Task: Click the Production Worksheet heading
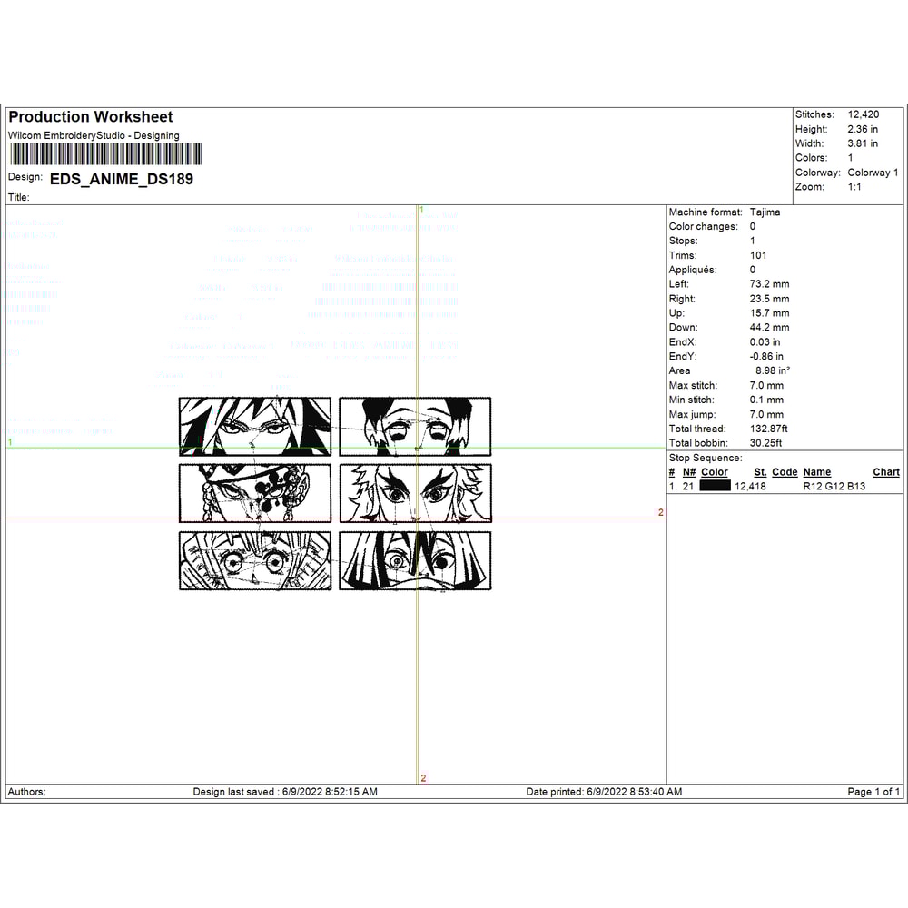pos(91,117)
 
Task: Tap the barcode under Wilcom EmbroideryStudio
pos(105,153)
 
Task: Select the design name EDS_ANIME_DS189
pos(121,179)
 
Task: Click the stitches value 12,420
pos(864,114)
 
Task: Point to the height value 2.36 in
pos(863,129)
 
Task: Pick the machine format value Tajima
pos(765,212)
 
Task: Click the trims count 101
pos(758,255)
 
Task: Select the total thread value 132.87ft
pos(768,429)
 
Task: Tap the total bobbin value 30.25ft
pos(765,443)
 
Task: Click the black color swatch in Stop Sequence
pos(716,486)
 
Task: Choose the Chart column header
pos(886,472)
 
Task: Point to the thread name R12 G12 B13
pos(834,486)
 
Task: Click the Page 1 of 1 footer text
pos(873,792)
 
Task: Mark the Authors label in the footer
pos(27,792)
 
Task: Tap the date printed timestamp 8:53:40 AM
pos(650,792)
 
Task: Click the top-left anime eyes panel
pos(255,426)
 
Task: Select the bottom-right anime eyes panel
pos(415,561)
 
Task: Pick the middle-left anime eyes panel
pos(255,493)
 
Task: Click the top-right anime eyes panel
pos(415,426)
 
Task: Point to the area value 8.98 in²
pos(773,370)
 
